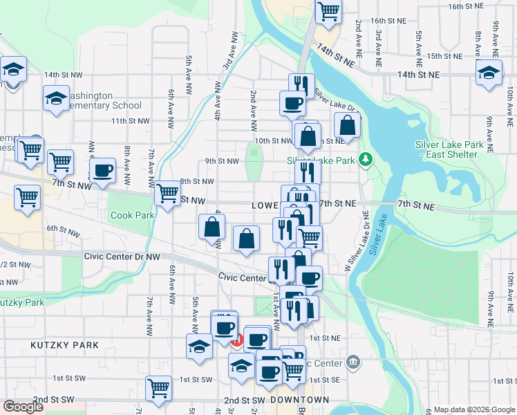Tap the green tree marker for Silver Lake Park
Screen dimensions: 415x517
click(x=366, y=160)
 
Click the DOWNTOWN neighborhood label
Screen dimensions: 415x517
click(x=299, y=400)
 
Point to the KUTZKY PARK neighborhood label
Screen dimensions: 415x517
click(x=64, y=344)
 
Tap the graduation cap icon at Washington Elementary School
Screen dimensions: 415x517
click(x=56, y=98)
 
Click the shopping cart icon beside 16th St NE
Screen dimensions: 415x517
click(x=329, y=10)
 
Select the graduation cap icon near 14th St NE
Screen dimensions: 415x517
click(x=489, y=72)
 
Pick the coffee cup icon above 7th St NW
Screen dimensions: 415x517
click(x=103, y=170)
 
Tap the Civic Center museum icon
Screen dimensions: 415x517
click(x=353, y=362)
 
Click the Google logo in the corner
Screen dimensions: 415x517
click(x=23, y=407)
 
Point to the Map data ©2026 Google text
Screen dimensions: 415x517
click(x=473, y=409)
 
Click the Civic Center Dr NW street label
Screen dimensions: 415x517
click(x=122, y=256)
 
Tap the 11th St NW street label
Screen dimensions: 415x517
click(x=130, y=120)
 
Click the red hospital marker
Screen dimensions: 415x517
click(x=236, y=340)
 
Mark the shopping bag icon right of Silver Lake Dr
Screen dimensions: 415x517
click(x=348, y=125)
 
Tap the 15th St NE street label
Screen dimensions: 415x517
click(x=444, y=56)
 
